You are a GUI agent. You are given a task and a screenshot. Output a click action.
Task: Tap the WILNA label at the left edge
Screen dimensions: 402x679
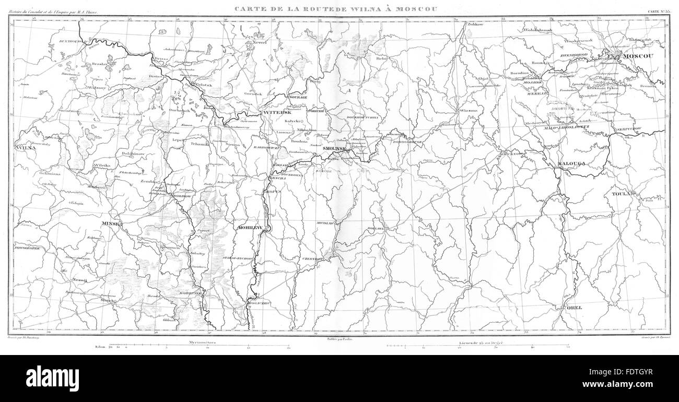[x=27, y=148]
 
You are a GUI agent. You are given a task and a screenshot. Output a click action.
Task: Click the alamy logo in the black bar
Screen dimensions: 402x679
[x=52, y=375]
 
